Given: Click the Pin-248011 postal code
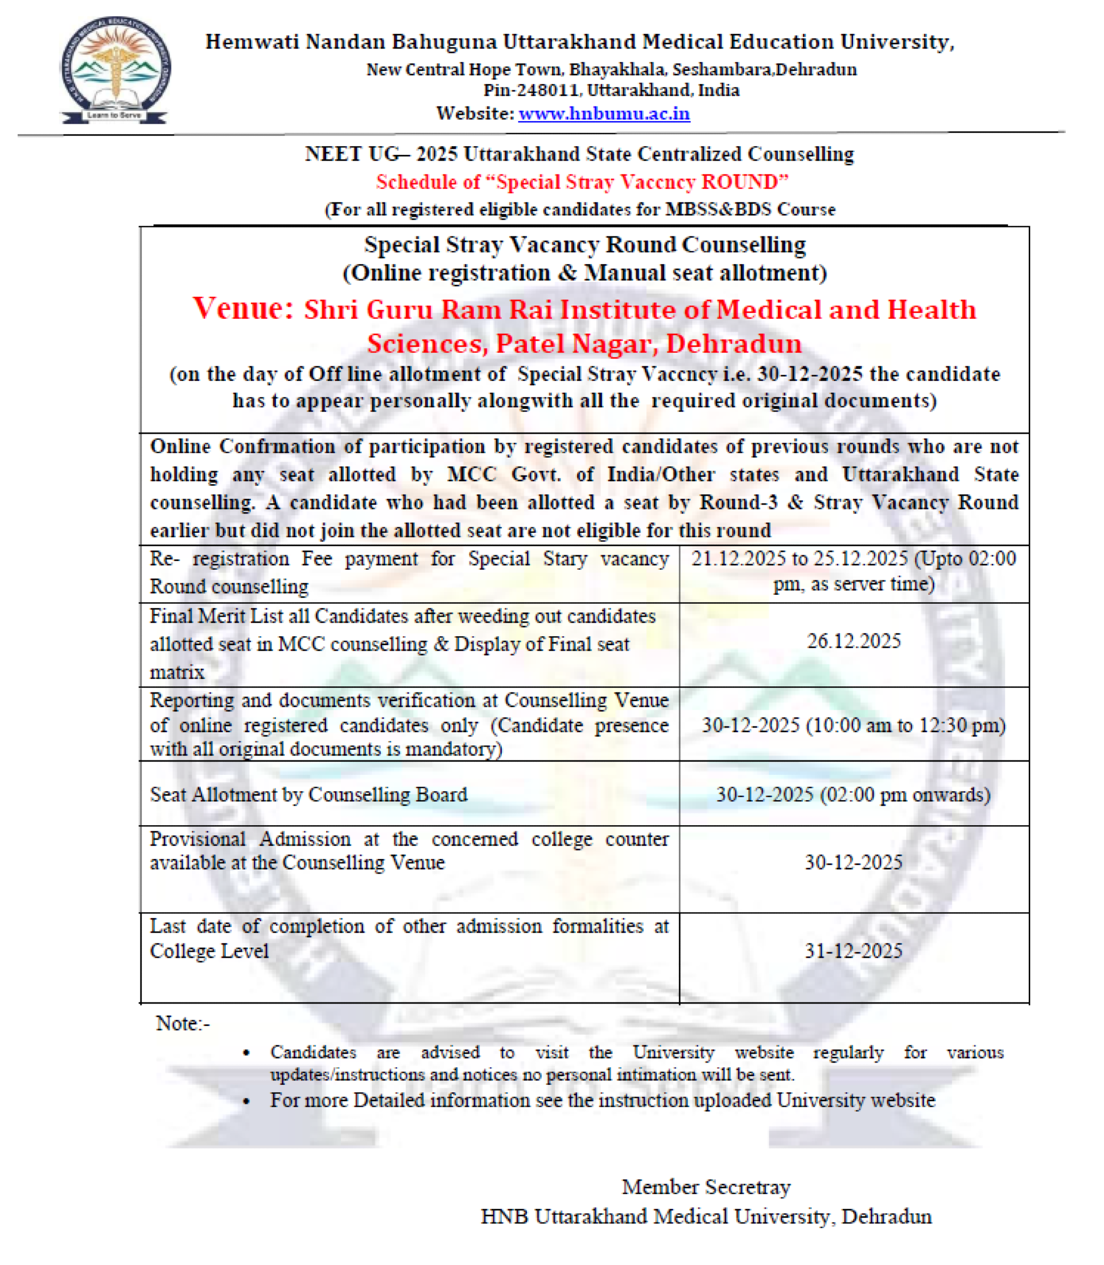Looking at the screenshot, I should pyautogui.click(x=530, y=90).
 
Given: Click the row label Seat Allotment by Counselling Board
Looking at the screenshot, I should pyautogui.click(x=309, y=794).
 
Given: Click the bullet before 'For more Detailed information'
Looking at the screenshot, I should pyautogui.click(x=247, y=1101).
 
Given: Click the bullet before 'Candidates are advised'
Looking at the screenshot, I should pyautogui.click(x=247, y=1053).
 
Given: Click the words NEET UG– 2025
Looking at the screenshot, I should pyautogui.click(x=381, y=154).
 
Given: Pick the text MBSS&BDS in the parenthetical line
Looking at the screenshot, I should pyautogui.click(x=718, y=210).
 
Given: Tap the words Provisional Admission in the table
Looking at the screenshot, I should pyautogui.click(x=250, y=839).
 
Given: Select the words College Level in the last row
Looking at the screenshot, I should pyautogui.click(x=210, y=951).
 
